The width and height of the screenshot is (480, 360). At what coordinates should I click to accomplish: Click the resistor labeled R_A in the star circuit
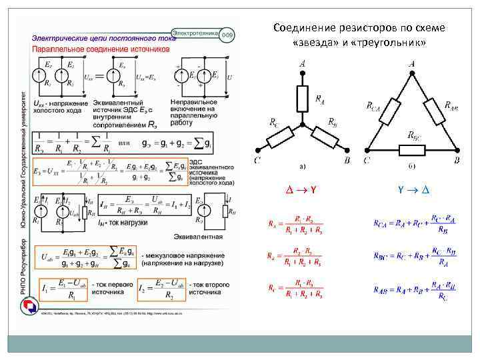pos(303,98)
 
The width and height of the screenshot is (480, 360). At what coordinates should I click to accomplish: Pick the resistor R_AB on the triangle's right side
pos(434,109)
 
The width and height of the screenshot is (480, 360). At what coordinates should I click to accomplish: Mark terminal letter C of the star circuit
pos(257,161)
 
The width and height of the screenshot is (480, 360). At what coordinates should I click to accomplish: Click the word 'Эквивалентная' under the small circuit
pos(198,236)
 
